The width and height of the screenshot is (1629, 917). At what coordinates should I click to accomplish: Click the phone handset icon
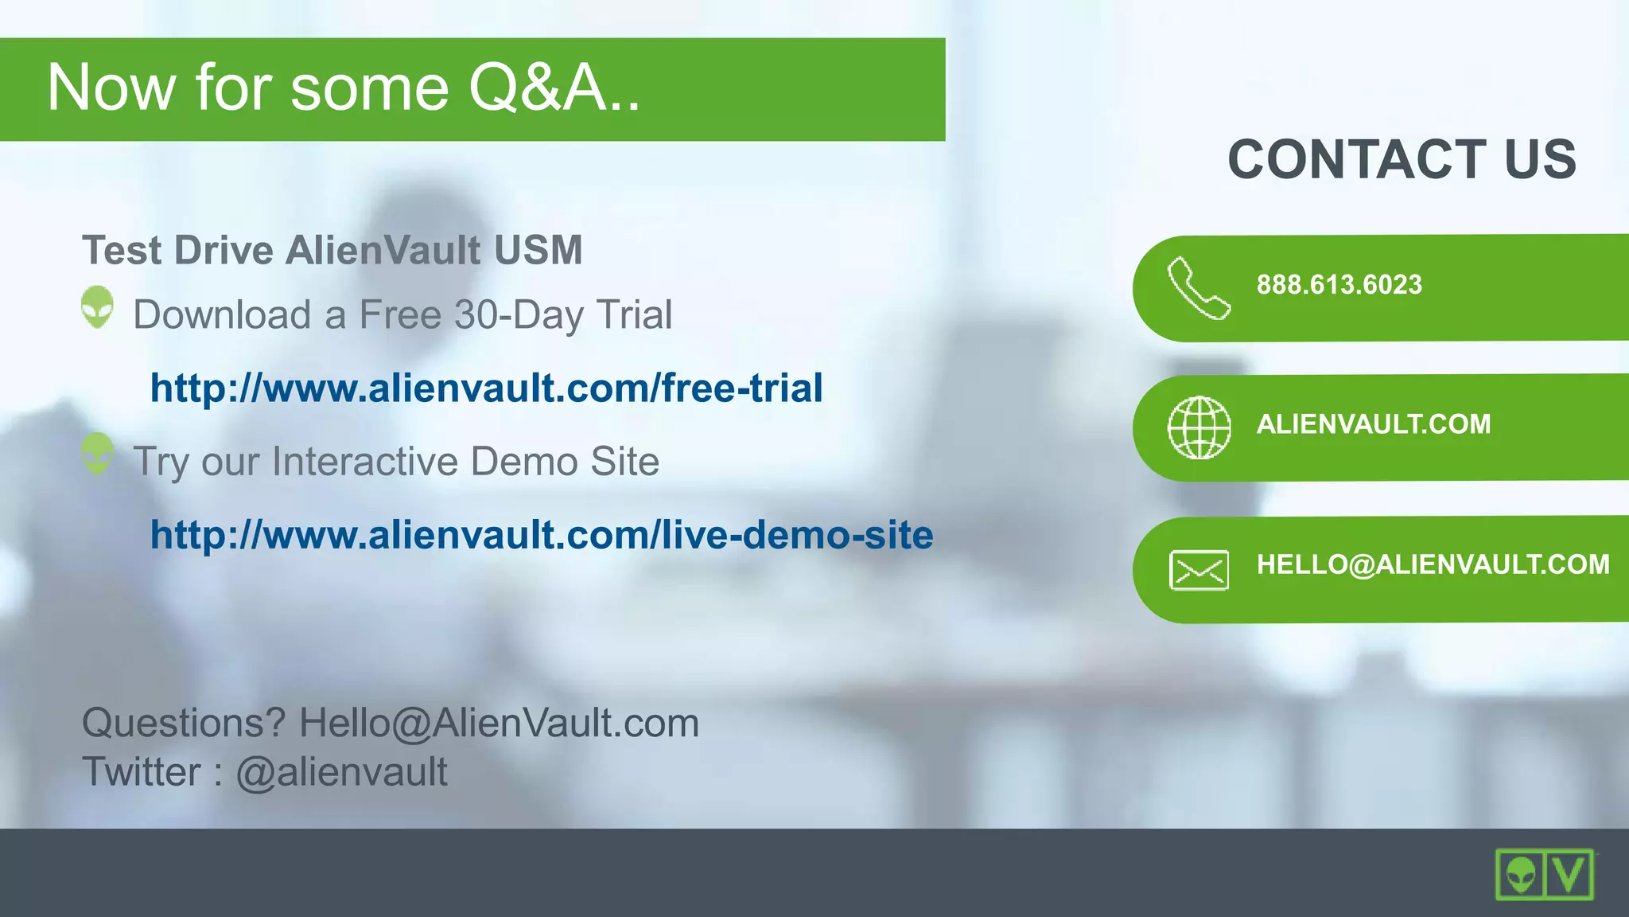[1199, 288]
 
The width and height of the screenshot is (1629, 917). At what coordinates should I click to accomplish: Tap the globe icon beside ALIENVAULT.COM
[1199, 427]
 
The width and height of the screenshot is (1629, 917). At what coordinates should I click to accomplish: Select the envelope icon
[1199, 570]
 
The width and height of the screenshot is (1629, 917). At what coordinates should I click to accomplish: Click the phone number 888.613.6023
[1339, 285]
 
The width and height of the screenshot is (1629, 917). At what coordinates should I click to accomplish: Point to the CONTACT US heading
[1402, 159]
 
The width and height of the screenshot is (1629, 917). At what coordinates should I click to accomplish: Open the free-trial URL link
[486, 388]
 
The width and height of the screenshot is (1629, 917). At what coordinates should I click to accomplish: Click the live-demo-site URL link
[541, 535]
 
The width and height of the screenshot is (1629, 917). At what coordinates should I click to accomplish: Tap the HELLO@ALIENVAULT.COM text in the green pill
[1433, 564]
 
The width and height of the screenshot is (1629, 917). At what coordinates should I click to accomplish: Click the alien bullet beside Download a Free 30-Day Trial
[98, 307]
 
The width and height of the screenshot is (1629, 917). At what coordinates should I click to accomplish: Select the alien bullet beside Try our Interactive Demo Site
[98, 454]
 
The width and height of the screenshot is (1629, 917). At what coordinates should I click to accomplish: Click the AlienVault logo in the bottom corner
[1544, 874]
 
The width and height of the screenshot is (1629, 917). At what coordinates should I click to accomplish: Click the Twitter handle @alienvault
[341, 772]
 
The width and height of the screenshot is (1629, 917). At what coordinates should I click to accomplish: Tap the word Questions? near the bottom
[184, 723]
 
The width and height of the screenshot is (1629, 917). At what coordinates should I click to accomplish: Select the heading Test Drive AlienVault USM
[332, 251]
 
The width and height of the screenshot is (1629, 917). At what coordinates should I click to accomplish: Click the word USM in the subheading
[538, 251]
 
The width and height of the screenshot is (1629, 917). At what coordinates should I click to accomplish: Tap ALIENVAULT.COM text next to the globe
[1373, 424]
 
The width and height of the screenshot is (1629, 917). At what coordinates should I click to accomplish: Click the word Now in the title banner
[111, 88]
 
